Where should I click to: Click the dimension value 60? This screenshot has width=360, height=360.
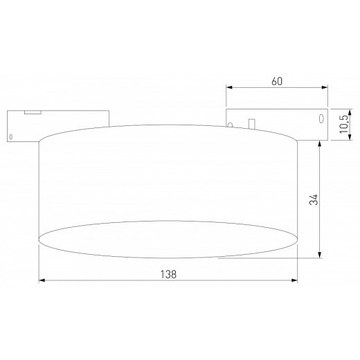click(277, 81)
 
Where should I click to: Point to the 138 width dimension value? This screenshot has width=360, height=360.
click(168, 273)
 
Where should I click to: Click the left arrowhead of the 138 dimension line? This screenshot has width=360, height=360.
click(42, 280)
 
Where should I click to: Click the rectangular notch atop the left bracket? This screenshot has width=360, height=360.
click(30, 112)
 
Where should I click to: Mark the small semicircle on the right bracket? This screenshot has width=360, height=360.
click(232, 125)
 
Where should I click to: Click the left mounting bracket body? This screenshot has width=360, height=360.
click(21, 128)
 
